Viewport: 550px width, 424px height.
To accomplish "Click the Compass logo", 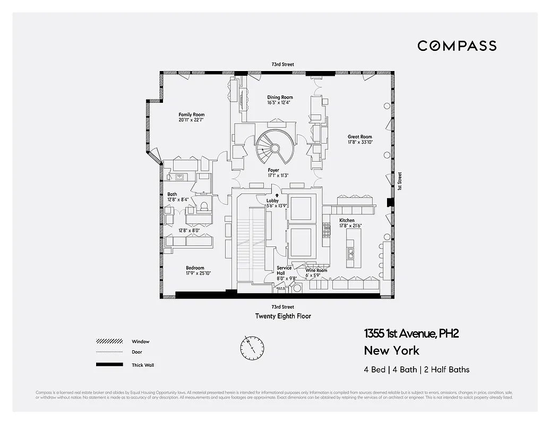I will coord(457,46).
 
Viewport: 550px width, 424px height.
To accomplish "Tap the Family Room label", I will coord(191,114).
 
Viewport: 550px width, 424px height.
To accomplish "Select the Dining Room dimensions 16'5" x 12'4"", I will coord(279,103).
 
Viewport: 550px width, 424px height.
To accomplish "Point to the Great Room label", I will coord(359,137).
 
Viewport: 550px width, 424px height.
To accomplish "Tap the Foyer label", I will coord(273,170).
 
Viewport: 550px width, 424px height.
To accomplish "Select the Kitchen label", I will coord(347,220).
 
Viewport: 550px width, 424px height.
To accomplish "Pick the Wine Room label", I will coord(316,270).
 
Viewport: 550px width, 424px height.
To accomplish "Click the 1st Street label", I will coord(400,181).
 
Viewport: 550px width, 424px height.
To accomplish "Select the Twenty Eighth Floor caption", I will coord(283,316).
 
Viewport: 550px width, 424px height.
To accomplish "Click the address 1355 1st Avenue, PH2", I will coord(411,333).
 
